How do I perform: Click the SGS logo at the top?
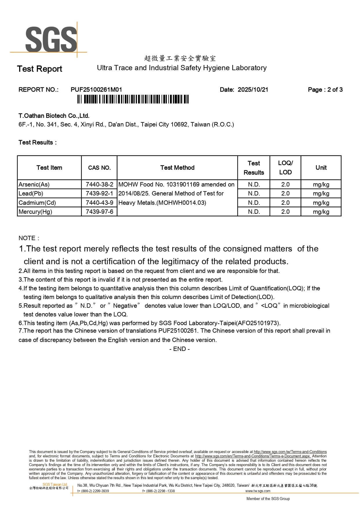(51, 39)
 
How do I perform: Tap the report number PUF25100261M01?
(96, 90)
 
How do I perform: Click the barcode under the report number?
(133, 99)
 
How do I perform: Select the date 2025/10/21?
(253, 90)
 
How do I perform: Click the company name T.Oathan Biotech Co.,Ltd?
(54, 116)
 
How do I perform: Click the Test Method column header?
(177, 168)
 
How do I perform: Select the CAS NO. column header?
(99, 168)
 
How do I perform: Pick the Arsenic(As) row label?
(34, 184)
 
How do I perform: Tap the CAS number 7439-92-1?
(99, 193)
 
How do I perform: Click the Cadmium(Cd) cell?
(37, 203)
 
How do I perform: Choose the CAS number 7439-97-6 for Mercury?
(99, 212)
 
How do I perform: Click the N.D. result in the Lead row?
(254, 193)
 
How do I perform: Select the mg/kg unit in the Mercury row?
(321, 212)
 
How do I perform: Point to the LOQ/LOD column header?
(285, 168)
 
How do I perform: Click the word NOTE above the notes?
(27, 238)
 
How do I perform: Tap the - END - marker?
(180, 349)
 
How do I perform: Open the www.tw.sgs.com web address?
(258, 491)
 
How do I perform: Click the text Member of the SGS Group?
(268, 499)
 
